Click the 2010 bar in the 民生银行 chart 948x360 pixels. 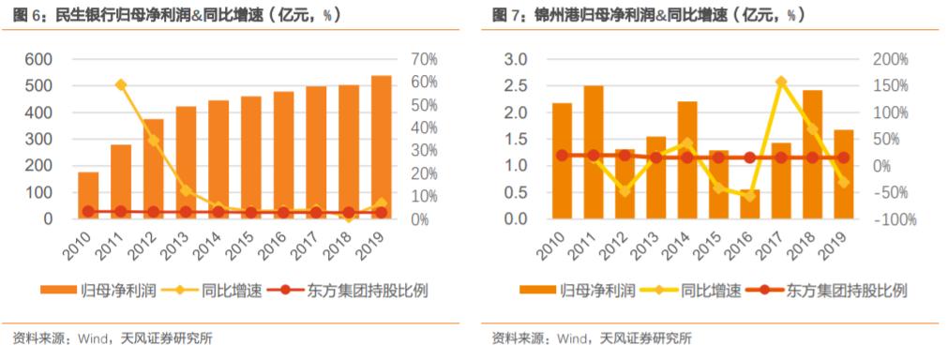[x=88, y=195]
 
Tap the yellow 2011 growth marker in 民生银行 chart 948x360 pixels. [x=121, y=85]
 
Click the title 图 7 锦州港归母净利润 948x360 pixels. [x=647, y=15]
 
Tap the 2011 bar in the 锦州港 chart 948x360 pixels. [x=594, y=152]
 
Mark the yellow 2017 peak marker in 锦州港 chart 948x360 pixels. [x=781, y=82]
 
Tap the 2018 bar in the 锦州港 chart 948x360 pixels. [x=812, y=155]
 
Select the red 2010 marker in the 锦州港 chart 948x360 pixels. [x=562, y=156]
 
